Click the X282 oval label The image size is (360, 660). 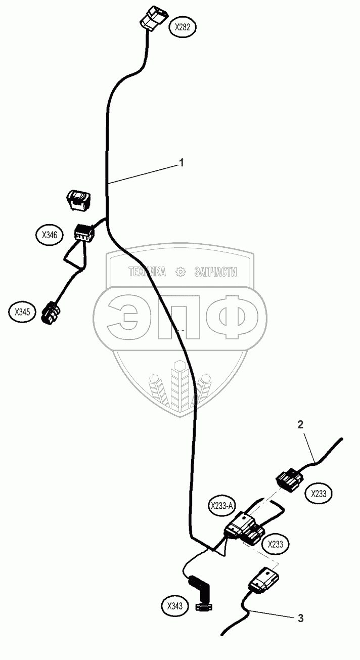pyautogui.click(x=183, y=27)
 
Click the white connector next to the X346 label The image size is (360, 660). pyautogui.click(x=83, y=233)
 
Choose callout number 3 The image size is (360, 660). pyautogui.click(x=300, y=618)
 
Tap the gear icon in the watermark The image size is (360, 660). pyautogui.click(x=180, y=272)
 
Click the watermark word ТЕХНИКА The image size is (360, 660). pyautogui.click(x=147, y=272)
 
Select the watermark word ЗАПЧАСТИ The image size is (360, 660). pyautogui.click(x=215, y=272)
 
